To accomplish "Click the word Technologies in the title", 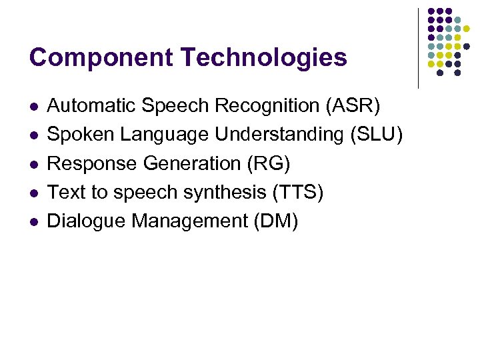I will point(264,57).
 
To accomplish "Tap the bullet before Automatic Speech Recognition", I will point(34,107).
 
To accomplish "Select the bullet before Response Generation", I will point(34,164).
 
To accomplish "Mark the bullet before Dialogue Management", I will point(34,221).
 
